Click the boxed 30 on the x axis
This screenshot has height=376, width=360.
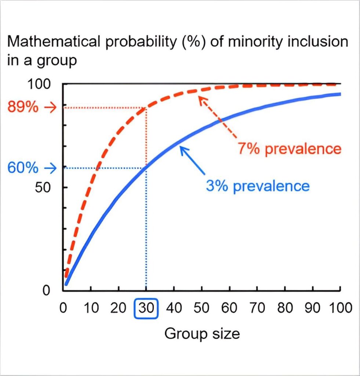point(146,308)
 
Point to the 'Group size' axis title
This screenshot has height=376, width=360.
point(202,334)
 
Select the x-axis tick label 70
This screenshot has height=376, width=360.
point(257,308)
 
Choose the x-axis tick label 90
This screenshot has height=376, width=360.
point(313,308)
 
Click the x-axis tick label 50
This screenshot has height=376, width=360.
point(201,308)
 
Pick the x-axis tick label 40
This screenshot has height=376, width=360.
point(174,308)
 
